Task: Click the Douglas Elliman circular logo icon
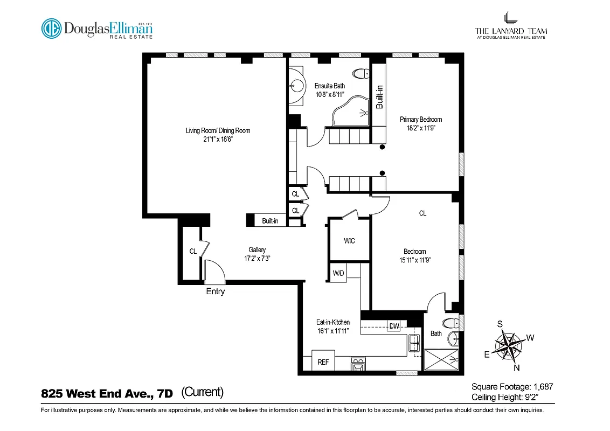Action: coord(52,29)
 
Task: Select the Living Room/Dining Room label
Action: coord(218,130)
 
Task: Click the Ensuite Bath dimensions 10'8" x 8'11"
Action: coord(329,94)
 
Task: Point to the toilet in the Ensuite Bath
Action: coord(360,73)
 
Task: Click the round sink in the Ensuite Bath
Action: coord(296,85)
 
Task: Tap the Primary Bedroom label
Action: coord(420,120)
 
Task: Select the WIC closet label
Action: coord(349,241)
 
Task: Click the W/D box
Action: coord(338,273)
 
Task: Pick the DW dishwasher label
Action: coord(394,326)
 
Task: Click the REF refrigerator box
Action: coord(323,362)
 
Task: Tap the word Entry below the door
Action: coord(215,291)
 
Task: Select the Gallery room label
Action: coord(257,250)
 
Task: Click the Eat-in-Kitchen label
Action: coord(332,322)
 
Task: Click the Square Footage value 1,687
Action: coord(543,386)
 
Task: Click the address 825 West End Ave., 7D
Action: coord(107,394)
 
